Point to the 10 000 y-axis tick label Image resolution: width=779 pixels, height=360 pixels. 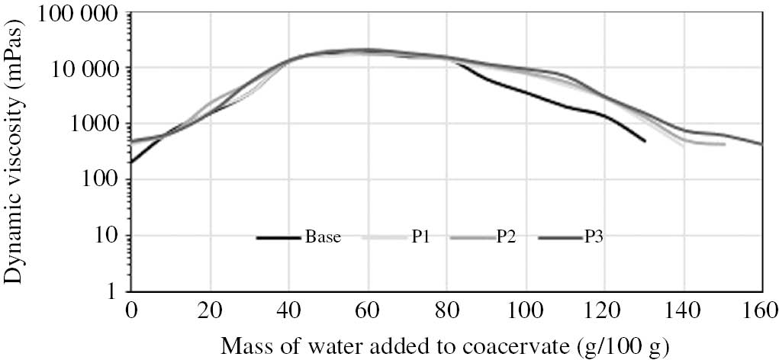point(85,69)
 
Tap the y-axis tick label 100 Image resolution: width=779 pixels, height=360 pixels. point(104,180)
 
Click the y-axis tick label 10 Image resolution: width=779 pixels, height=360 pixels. point(108,236)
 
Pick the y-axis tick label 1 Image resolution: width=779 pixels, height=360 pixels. point(114,291)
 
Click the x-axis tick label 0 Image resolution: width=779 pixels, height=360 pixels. point(131,311)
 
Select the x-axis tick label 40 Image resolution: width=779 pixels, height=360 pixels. point(289,311)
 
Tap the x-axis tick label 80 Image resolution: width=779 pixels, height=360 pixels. point(446,311)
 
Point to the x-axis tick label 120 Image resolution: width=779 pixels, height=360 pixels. point(604,311)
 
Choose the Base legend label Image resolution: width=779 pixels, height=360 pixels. point(323,238)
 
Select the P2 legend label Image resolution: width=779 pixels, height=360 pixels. point(504,238)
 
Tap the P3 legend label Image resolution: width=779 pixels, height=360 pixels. point(595,238)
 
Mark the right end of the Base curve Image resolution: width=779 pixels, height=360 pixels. point(645,141)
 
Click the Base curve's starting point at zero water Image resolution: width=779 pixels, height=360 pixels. point(132,162)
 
